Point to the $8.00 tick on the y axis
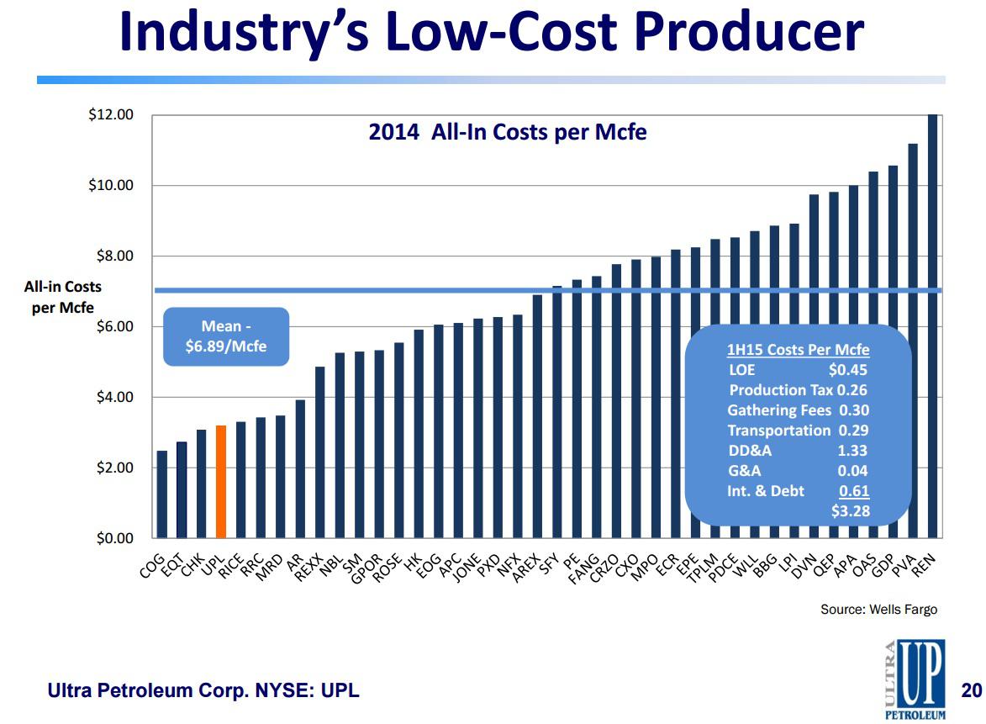click(113, 256)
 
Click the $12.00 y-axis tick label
click(111, 114)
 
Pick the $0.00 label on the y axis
click(113, 538)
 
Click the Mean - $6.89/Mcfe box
click(225, 336)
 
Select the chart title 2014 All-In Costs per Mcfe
click(507, 132)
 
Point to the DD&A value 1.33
click(852, 451)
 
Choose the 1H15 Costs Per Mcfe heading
click(797, 350)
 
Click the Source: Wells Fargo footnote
click(878, 609)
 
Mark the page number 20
click(971, 691)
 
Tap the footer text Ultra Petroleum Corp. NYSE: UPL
click(203, 691)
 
